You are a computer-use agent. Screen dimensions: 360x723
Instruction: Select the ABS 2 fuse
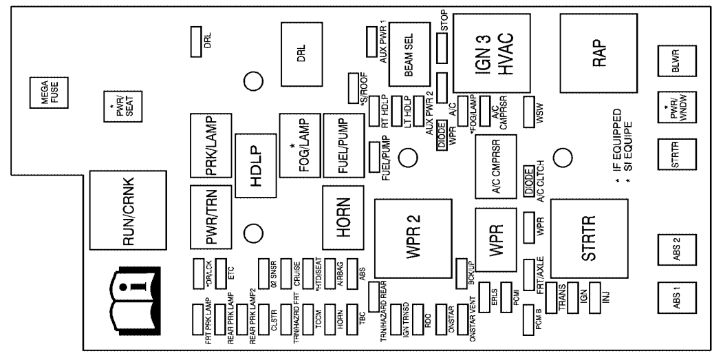coord(673,246)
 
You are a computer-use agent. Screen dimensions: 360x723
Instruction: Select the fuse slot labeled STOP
coord(442,49)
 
